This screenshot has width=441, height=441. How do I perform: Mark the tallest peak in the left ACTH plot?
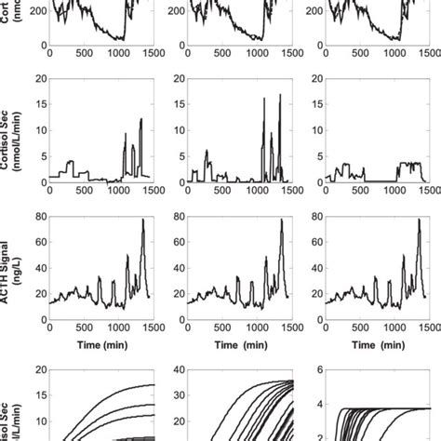click(x=142, y=220)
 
